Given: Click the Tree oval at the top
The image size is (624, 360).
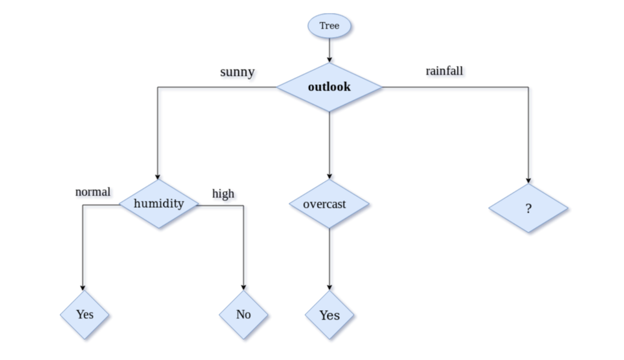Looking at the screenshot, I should (329, 26).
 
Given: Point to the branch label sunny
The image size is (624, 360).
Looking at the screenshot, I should (237, 72).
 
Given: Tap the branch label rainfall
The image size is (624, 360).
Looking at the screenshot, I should (444, 71).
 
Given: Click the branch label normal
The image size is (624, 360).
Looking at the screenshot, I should (93, 192).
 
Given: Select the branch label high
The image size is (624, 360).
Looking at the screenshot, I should (223, 193).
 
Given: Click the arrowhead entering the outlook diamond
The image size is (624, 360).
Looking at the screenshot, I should (329, 60).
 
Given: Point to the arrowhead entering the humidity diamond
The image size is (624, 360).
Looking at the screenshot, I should (157, 176).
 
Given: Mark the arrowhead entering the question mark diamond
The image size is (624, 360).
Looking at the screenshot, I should (528, 180).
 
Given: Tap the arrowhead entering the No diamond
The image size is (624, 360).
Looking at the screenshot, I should (243, 287).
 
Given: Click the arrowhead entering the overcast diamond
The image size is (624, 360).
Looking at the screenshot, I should (329, 176).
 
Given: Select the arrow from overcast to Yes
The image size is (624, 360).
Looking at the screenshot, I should (329, 258).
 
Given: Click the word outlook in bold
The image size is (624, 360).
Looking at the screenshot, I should (329, 86).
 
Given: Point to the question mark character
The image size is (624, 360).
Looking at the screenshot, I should (528, 209).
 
